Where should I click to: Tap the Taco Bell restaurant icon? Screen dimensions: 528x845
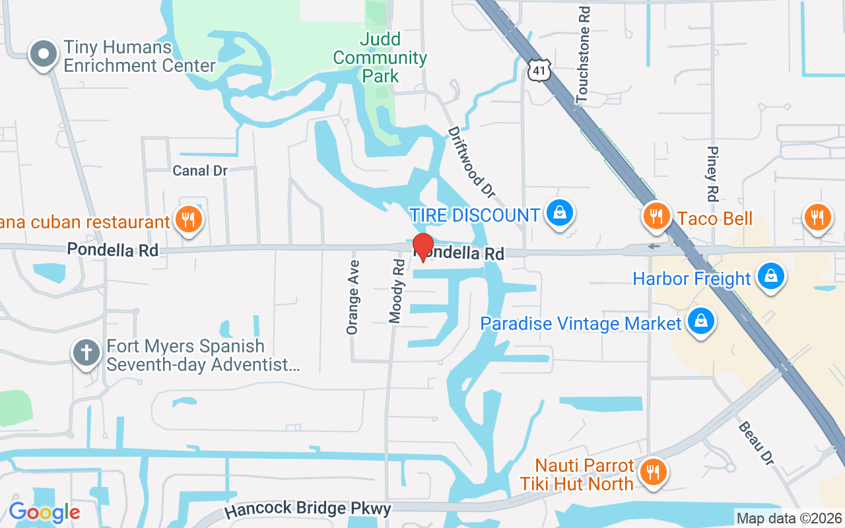click(656, 216)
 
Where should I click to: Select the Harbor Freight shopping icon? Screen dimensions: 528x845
click(770, 276)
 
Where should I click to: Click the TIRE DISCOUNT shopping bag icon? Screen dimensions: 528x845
click(560, 213)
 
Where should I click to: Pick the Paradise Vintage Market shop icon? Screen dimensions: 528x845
click(701, 321)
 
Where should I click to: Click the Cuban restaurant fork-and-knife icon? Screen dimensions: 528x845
click(189, 219)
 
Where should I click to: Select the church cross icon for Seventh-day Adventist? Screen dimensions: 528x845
click(86, 352)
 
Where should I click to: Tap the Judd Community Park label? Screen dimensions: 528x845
click(380, 57)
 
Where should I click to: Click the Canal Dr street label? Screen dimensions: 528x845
click(200, 171)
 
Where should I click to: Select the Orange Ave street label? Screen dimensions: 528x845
click(353, 297)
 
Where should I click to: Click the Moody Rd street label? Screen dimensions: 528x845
click(397, 290)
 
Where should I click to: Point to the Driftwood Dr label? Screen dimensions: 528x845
click(471, 162)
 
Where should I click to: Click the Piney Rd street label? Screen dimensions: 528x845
click(712, 173)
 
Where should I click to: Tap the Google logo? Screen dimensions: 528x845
click(44, 512)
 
